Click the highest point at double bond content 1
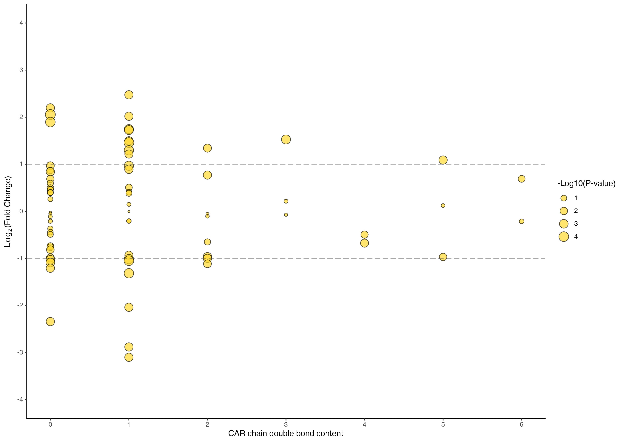129,95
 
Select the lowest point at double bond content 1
129,357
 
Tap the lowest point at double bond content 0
50,322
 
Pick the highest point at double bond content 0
50,108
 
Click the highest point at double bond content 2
207,148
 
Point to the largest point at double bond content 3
286,139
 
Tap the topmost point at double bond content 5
443,160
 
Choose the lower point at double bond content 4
364,243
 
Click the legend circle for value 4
564,236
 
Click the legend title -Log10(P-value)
586,184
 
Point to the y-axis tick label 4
21,23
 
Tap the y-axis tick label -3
20,352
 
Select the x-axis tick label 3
286,424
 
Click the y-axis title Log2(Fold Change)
8,212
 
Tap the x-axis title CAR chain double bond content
285,433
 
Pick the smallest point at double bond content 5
443,205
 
